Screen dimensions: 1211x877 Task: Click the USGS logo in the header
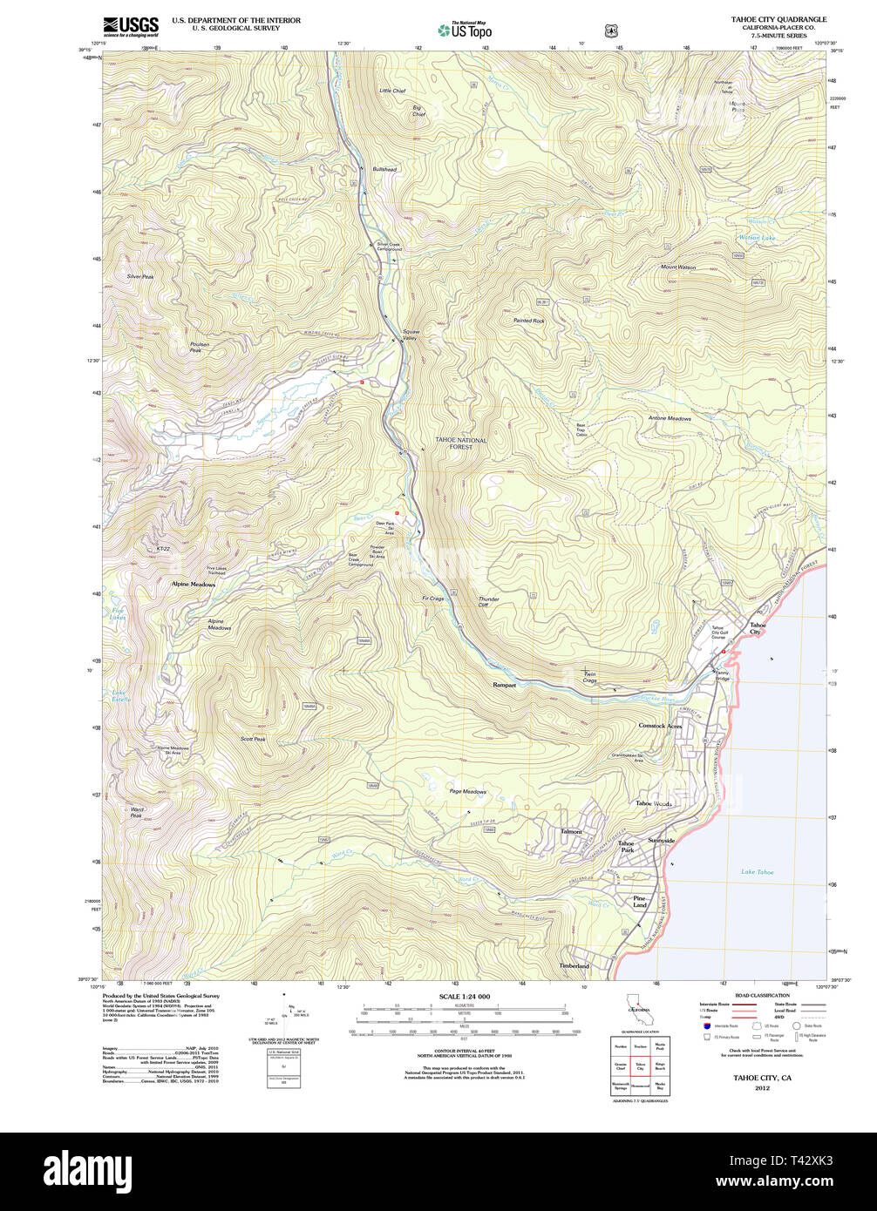pyautogui.click(x=131, y=25)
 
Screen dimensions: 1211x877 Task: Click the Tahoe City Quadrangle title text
pyautogui.click(x=778, y=19)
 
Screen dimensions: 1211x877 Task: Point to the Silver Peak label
pyautogui.click(x=140, y=276)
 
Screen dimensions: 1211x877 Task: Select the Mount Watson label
pyautogui.click(x=677, y=267)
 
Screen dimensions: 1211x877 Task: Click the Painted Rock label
pyautogui.click(x=528, y=321)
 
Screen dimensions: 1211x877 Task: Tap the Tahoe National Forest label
pyautogui.click(x=461, y=443)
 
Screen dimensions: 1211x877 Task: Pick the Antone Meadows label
pyautogui.click(x=670, y=418)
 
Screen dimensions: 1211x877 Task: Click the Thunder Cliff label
pyautogui.click(x=488, y=602)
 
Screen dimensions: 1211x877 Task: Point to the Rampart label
pyautogui.click(x=504, y=685)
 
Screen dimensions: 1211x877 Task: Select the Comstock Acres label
pyautogui.click(x=660, y=726)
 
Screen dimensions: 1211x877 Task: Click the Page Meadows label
pyautogui.click(x=467, y=792)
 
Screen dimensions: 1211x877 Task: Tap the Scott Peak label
pyautogui.click(x=253, y=739)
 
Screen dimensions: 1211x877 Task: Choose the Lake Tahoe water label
pyautogui.click(x=757, y=871)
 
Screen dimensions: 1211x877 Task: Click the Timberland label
pyautogui.click(x=574, y=966)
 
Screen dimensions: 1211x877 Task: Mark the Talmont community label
pyautogui.click(x=571, y=832)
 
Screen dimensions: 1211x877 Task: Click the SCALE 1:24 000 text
pyautogui.click(x=465, y=997)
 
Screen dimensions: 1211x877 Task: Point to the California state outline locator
pyautogui.click(x=642, y=1014)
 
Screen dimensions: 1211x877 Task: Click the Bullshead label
pyautogui.click(x=384, y=169)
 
